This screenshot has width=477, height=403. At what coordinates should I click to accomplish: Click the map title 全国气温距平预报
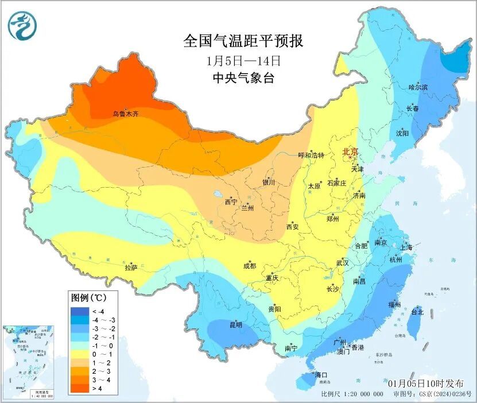click(x=243, y=41)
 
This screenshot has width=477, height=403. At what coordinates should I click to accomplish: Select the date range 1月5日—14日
click(x=243, y=60)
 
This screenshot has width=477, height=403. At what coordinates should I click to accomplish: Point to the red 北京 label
click(x=350, y=152)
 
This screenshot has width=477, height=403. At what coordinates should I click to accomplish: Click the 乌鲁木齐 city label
click(x=125, y=114)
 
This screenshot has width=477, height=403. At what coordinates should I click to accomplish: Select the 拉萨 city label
click(x=131, y=268)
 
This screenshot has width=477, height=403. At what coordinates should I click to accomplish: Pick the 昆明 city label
click(x=235, y=325)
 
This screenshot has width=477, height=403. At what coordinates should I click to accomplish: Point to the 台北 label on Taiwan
click(x=417, y=312)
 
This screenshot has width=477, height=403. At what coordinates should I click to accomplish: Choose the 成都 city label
click(x=249, y=266)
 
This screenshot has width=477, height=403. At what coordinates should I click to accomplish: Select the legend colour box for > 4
click(x=77, y=389)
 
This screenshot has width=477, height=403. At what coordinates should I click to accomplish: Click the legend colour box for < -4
click(x=77, y=311)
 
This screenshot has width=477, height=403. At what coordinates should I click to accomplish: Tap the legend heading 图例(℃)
click(x=87, y=299)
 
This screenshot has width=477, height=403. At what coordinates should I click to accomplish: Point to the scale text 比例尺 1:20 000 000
click(x=352, y=394)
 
